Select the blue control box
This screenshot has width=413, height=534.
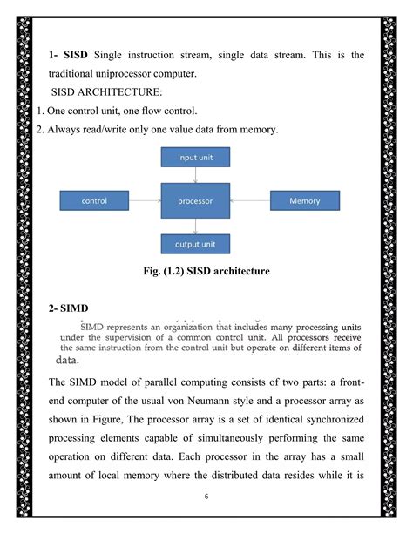(x=93, y=201)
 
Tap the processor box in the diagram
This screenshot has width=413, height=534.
(x=195, y=201)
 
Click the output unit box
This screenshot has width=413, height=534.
(x=195, y=245)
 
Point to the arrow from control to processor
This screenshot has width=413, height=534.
(x=145, y=201)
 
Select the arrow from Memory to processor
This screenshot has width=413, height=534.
(x=250, y=201)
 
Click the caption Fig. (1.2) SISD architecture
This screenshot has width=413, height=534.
(x=206, y=272)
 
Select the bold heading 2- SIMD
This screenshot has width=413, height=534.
(x=71, y=308)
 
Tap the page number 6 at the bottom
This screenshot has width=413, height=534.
(x=206, y=498)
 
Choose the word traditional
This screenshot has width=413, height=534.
(x=78, y=73)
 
